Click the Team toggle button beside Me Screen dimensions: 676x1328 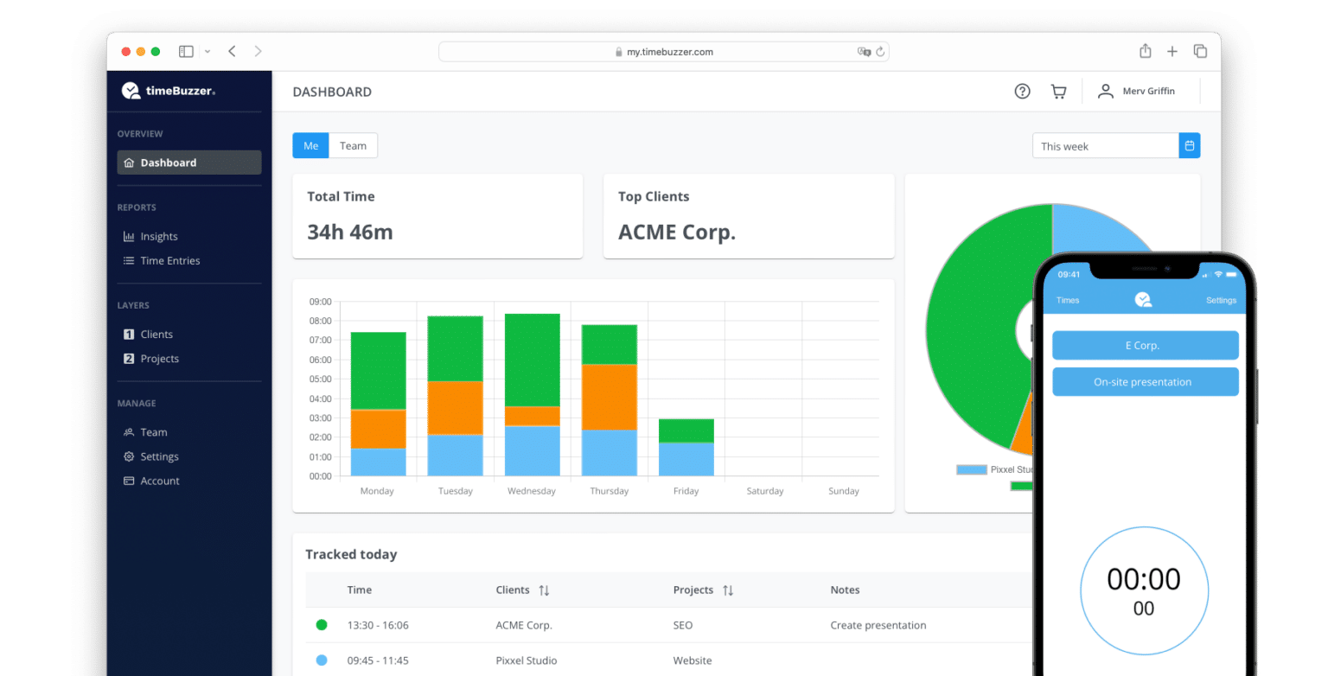pos(353,146)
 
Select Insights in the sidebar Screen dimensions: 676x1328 pos(158,237)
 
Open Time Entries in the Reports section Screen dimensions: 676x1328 pos(169,261)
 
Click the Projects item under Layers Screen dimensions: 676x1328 pos(159,359)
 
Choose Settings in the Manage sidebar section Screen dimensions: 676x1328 pos(159,456)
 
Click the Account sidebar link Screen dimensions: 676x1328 pos(160,481)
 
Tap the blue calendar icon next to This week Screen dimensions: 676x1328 pos(1190,146)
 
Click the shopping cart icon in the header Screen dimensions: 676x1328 pos(1058,92)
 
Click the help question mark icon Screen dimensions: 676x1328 pos(1022,92)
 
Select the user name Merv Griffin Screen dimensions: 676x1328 pos(1148,92)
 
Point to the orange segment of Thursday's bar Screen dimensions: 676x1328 pos(609,397)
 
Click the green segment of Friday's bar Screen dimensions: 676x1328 pos(686,430)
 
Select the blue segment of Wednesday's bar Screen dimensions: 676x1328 pos(532,450)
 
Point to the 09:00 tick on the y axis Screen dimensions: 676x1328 pos(320,302)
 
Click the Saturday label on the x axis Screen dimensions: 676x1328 pos(764,491)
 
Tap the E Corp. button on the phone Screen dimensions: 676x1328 pos(1145,345)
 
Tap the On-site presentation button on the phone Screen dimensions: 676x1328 pos(1145,382)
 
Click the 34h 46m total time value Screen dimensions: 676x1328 pos(350,233)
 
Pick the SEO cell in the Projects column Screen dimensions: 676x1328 pos(682,625)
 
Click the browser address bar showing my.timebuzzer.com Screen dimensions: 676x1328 pos(663,52)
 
